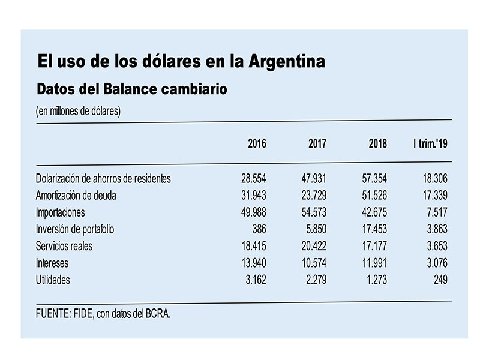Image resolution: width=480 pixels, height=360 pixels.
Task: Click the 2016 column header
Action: click(x=257, y=143)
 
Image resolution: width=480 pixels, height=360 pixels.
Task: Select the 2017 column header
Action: click(x=317, y=143)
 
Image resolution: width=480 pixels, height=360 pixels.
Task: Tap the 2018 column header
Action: click(x=378, y=143)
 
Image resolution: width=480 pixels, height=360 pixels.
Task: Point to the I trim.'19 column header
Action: click(x=430, y=143)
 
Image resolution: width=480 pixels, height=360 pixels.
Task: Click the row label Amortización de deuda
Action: click(x=76, y=196)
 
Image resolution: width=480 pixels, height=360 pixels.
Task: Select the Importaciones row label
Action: click(x=61, y=212)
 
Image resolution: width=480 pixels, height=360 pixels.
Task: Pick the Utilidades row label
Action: click(x=53, y=280)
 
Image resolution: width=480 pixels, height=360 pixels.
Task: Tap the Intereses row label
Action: click(x=52, y=263)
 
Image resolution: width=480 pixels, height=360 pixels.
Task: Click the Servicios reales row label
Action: click(x=64, y=246)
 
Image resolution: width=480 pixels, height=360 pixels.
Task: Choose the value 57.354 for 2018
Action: click(x=374, y=178)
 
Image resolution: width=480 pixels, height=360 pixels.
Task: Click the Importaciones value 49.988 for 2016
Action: click(x=253, y=212)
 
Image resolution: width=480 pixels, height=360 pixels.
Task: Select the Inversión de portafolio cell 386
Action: click(x=259, y=229)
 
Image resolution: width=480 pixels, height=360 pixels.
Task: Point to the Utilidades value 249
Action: click(x=440, y=280)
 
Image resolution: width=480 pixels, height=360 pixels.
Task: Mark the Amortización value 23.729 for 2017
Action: click(x=314, y=196)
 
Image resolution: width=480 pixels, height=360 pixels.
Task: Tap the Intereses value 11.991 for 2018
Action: click(x=374, y=263)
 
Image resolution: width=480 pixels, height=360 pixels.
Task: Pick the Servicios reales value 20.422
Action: click(x=314, y=246)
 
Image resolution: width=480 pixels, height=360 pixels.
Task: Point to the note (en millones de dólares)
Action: click(x=78, y=111)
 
